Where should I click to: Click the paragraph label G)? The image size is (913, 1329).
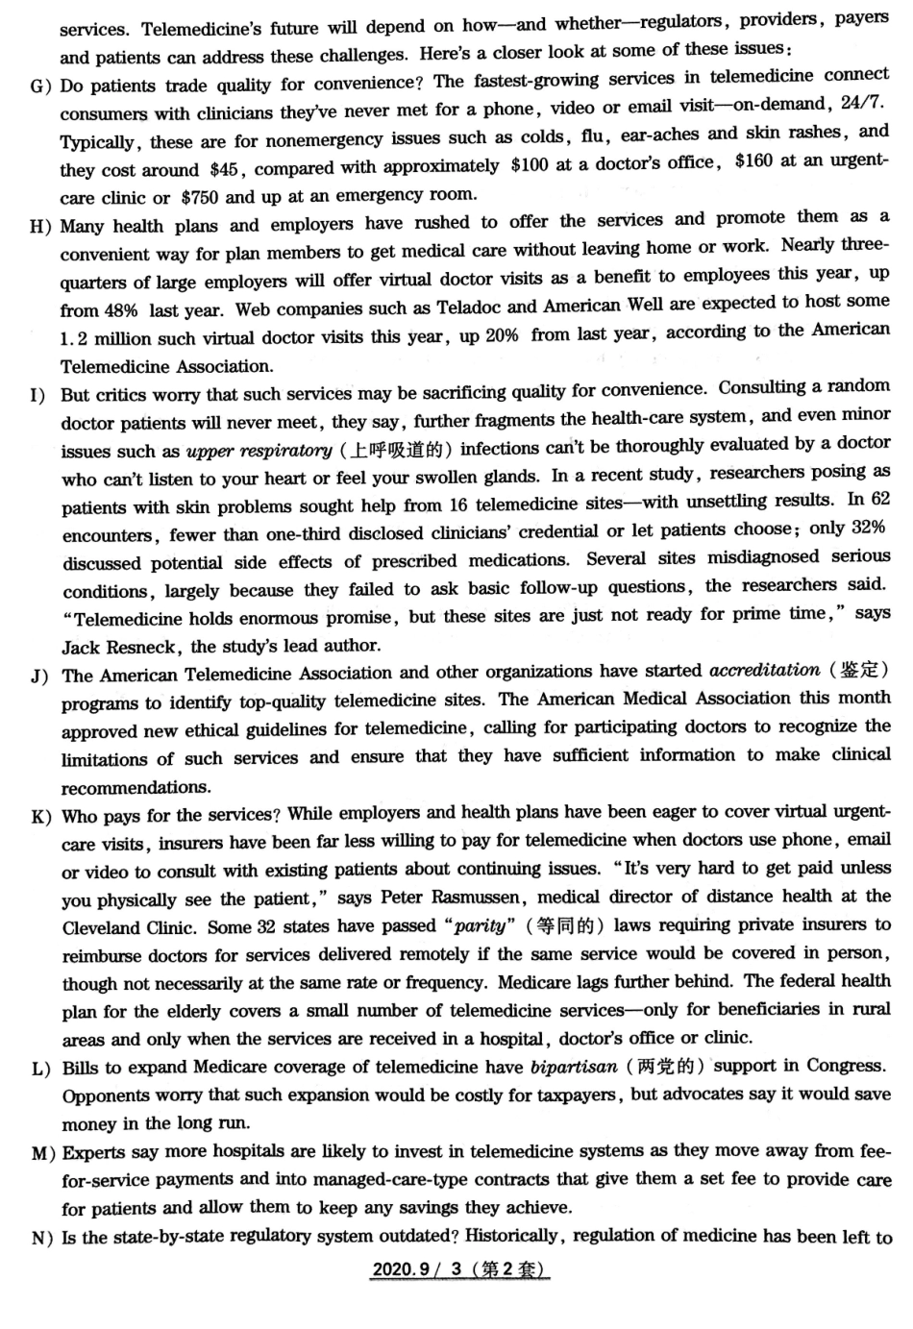[x=40, y=86]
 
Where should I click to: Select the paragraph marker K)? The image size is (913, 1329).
[x=41, y=817]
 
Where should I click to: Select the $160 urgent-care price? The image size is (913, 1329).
[x=753, y=161]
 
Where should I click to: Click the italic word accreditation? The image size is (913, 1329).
[x=764, y=671]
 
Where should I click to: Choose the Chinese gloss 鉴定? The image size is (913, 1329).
[x=857, y=670]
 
